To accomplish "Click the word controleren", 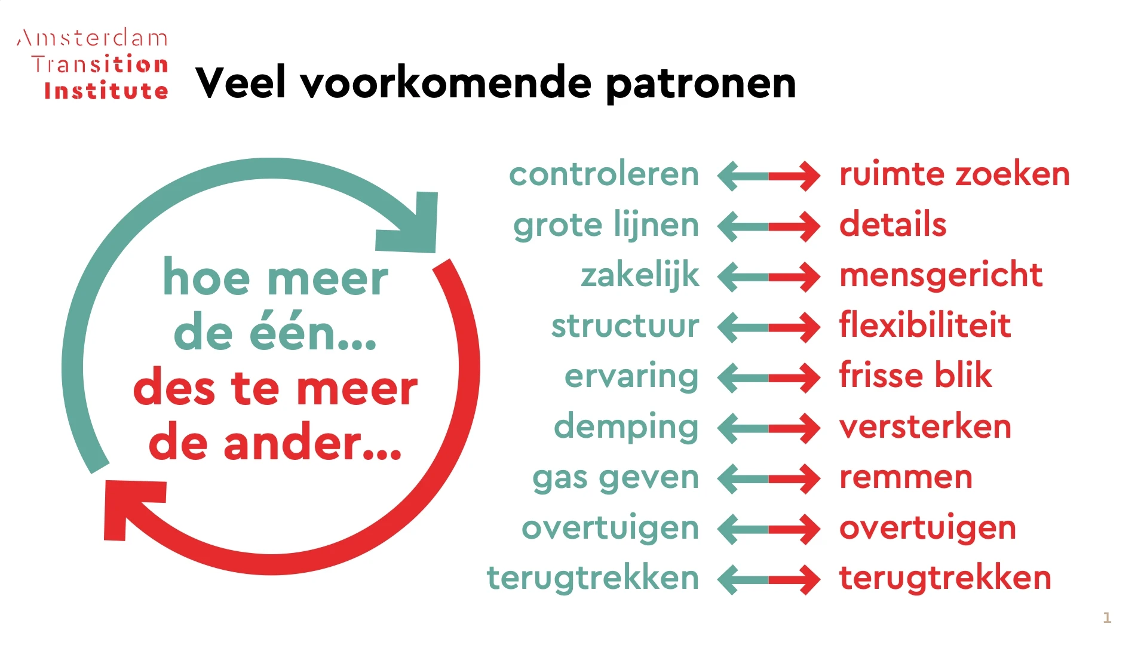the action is point(603,174).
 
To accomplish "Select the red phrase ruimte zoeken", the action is point(954,174).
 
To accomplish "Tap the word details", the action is point(893,225).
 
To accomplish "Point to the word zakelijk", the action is point(639,275).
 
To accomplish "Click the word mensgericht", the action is point(941,275).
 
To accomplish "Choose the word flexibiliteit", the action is point(925,325).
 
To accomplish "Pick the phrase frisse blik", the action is point(915,376).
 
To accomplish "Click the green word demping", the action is point(625,427).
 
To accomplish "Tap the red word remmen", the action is point(906,477).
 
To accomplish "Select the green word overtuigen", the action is point(610,528).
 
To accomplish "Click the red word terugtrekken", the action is point(945,578).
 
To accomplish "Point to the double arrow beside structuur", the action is point(769,327).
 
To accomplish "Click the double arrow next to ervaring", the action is point(769,377).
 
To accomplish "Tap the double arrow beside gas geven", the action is point(769,478).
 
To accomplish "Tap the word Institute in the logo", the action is point(106,91).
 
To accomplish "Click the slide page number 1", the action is point(1107,618).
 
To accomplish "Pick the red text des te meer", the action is point(275,389).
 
